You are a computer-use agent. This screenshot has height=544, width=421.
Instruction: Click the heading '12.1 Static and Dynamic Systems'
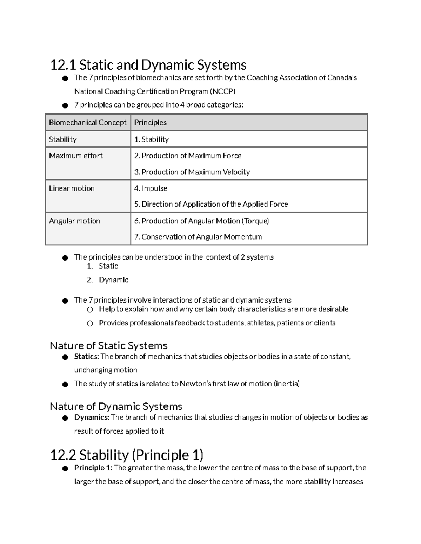148,65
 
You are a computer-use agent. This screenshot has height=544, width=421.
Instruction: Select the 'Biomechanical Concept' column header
88,123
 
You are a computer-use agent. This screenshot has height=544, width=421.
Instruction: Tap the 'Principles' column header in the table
150,123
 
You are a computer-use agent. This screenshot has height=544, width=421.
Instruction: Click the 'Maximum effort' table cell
76,156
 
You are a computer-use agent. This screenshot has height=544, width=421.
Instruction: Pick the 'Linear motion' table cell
72,188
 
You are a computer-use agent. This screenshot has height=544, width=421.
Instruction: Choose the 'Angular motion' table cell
74,221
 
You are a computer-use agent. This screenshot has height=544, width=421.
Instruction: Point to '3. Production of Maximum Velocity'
192,172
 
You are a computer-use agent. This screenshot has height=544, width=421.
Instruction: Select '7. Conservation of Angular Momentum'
198,237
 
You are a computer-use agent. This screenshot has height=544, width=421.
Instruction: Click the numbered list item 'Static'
108,266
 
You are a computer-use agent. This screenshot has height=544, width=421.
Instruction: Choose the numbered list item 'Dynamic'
114,280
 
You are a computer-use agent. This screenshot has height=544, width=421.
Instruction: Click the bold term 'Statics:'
87,357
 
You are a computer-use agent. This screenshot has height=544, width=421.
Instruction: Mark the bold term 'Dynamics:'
92,418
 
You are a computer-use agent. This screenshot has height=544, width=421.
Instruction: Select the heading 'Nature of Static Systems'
108,346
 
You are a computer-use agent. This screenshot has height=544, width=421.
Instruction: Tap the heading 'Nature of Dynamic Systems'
116,406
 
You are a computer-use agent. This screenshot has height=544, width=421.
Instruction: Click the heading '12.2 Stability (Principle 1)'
127,455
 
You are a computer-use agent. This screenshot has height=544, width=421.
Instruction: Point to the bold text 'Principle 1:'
93,468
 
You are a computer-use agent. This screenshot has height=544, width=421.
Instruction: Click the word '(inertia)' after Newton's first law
287,384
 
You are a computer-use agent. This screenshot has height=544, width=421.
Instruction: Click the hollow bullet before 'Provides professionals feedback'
90,323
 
